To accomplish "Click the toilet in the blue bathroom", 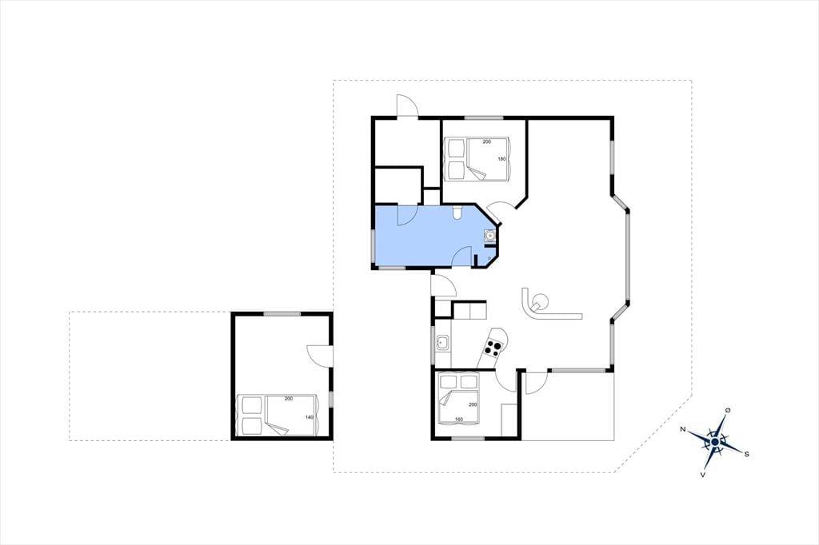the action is [x=457, y=212].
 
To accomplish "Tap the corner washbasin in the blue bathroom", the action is [x=490, y=237].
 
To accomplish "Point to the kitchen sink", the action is [x=442, y=343].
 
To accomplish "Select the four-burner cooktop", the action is [x=493, y=347].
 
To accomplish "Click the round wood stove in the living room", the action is [x=539, y=302].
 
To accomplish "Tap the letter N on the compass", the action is [x=683, y=429].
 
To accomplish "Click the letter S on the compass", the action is [x=746, y=454].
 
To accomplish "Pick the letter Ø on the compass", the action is [x=728, y=410].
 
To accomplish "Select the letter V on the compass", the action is [x=704, y=475].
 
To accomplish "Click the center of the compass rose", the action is [x=714, y=442].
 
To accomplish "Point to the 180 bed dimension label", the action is [x=502, y=159].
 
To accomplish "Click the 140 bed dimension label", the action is [x=310, y=417].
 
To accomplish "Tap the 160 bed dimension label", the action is [x=458, y=420].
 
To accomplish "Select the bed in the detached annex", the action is [x=277, y=415].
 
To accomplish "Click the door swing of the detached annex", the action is [x=319, y=356].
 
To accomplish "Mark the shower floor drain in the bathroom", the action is [x=489, y=258].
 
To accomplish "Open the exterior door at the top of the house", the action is [x=407, y=106].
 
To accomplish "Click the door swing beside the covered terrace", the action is [x=536, y=382].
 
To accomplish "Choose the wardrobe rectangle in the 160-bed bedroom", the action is [x=509, y=420].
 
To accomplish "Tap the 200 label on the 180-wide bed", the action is [x=487, y=141].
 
